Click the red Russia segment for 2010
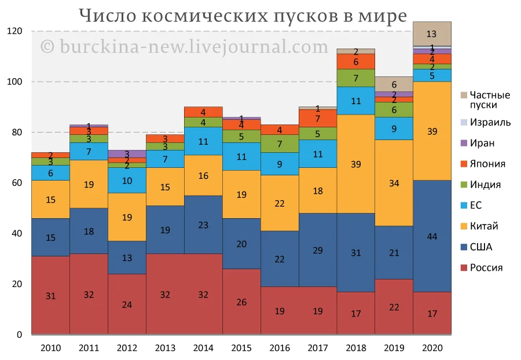tap(50, 295)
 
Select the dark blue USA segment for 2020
tap(432, 236)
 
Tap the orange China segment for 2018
tap(355, 164)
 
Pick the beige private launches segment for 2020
tap(432, 34)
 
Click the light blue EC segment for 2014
tap(203, 141)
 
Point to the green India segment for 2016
tap(280, 144)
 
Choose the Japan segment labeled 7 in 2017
tap(317, 118)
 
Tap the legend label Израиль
tap(490, 122)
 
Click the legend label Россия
tap(486, 268)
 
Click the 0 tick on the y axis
tap(19, 335)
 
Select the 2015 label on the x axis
tap(241, 348)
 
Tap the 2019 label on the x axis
tap(394, 348)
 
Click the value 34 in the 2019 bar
tap(394, 183)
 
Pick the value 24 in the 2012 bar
tap(127, 304)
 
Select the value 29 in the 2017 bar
tap(317, 250)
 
